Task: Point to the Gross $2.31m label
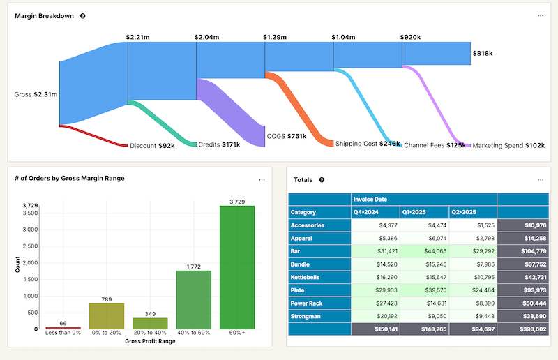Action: (36, 94)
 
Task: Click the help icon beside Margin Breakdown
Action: (83, 16)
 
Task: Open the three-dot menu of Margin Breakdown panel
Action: (540, 16)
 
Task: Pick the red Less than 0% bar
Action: (63, 327)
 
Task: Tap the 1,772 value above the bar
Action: (193, 267)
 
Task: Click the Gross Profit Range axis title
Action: (150, 341)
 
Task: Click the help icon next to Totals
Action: (322, 180)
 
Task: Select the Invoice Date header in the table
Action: (370, 200)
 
